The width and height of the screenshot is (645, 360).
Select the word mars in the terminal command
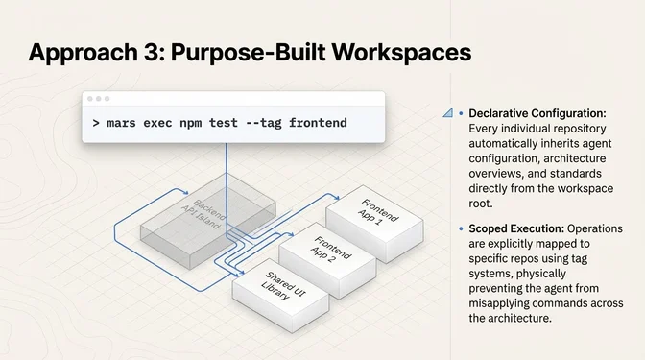click(x=122, y=123)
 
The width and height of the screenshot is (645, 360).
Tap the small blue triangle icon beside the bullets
click(x=448, y=113)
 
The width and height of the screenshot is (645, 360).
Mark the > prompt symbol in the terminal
click(x=96, y=123)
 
